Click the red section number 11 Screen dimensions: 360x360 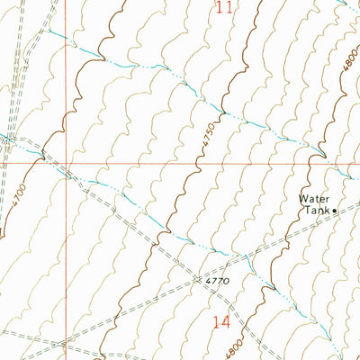[x=225, y=9]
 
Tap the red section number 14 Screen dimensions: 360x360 [x=221, y=322]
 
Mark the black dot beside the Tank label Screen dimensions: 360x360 [x=335, y=211]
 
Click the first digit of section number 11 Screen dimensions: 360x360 [x=220, y=9]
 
